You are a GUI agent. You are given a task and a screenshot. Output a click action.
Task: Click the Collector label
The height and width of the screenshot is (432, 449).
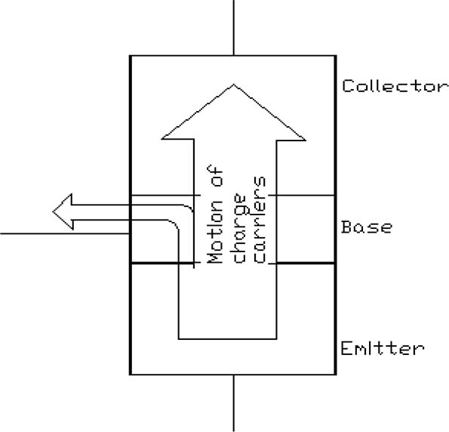395,85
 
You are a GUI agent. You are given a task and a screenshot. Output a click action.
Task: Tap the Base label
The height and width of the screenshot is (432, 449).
367,227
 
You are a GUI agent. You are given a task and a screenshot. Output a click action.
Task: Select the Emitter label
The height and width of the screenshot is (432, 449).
383,348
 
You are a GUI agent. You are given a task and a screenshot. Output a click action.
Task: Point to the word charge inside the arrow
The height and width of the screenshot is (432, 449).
239,228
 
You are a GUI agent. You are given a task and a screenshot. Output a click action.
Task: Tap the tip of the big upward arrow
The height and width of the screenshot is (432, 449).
234,85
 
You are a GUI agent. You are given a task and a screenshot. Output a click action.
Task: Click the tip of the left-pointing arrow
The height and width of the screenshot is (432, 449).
53,211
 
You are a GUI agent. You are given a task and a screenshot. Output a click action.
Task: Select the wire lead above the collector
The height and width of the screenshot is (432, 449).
234,27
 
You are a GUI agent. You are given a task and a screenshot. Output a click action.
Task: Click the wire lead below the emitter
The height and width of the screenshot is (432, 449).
234,403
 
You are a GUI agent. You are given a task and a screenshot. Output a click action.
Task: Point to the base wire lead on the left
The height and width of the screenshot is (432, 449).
65,233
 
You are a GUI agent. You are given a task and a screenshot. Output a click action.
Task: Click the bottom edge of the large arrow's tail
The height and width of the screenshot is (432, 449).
228,339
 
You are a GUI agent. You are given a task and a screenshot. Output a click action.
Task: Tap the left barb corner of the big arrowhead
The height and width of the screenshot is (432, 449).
162,139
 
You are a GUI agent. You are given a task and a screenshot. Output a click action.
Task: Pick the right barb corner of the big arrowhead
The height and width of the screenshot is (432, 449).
306,140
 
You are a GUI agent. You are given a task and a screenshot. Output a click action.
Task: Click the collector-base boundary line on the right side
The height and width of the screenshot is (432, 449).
302,195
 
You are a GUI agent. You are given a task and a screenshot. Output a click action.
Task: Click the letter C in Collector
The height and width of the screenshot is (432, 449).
348,85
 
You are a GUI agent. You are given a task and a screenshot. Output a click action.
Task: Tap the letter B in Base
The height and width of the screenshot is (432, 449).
346,227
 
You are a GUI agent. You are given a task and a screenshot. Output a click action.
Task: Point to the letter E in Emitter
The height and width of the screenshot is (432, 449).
346,348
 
